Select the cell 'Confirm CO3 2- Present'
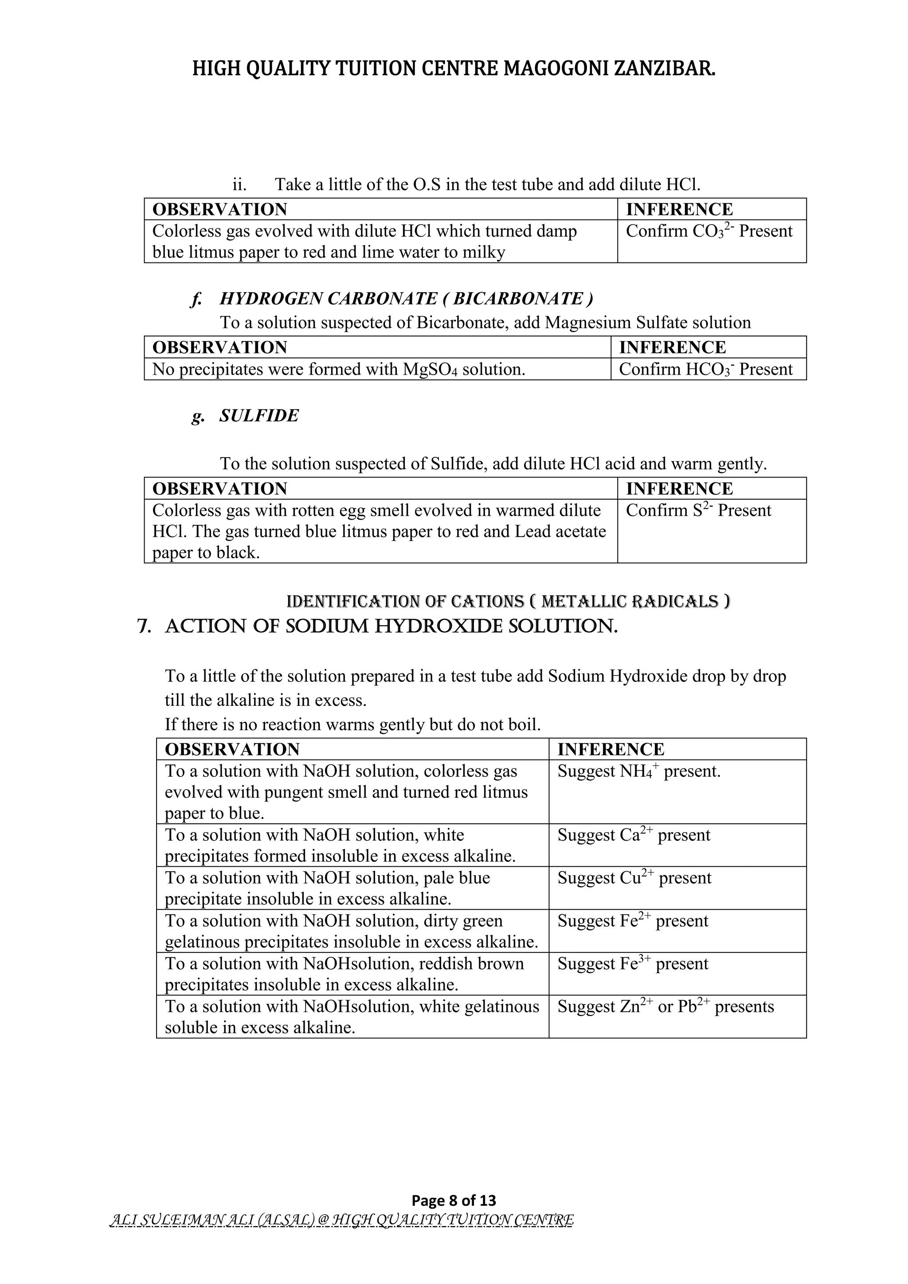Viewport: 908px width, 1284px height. pos(708,231)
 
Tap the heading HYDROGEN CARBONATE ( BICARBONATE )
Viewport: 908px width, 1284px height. pos(406,299)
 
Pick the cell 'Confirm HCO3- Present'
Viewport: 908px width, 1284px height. pos(705,370)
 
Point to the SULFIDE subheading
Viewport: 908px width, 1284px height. pos(259,415)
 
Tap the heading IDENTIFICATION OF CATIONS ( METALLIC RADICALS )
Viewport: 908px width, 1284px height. pos(508,602)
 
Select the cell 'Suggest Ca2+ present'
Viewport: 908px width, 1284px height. pos(634,835)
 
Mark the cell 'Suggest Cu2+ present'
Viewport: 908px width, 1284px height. pos(634,878)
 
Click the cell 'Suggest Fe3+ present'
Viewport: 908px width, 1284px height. pos(632,964)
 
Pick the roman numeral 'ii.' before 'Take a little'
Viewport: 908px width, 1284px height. pos(240,184)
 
